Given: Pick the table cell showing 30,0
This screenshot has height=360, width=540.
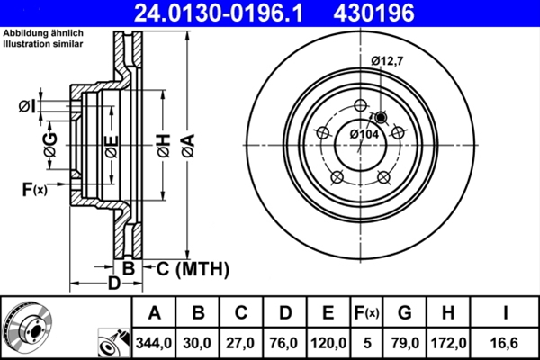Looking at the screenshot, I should coord(199,342).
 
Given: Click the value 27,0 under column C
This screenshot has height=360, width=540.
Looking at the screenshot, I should coord(241,342).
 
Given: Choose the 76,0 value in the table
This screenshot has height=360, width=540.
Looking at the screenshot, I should coord(285,342).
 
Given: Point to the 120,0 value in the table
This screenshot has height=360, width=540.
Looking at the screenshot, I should coord(328,342).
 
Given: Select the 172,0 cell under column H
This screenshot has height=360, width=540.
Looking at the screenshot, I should coord(447,342).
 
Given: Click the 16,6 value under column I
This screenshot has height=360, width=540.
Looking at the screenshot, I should coord(507,342).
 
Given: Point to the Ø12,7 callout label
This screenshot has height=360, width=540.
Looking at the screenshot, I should coord(389,60).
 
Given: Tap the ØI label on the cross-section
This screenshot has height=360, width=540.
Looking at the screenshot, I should coord(26,107).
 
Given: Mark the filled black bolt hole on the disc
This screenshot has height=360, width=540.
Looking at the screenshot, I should coord(380,117).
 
